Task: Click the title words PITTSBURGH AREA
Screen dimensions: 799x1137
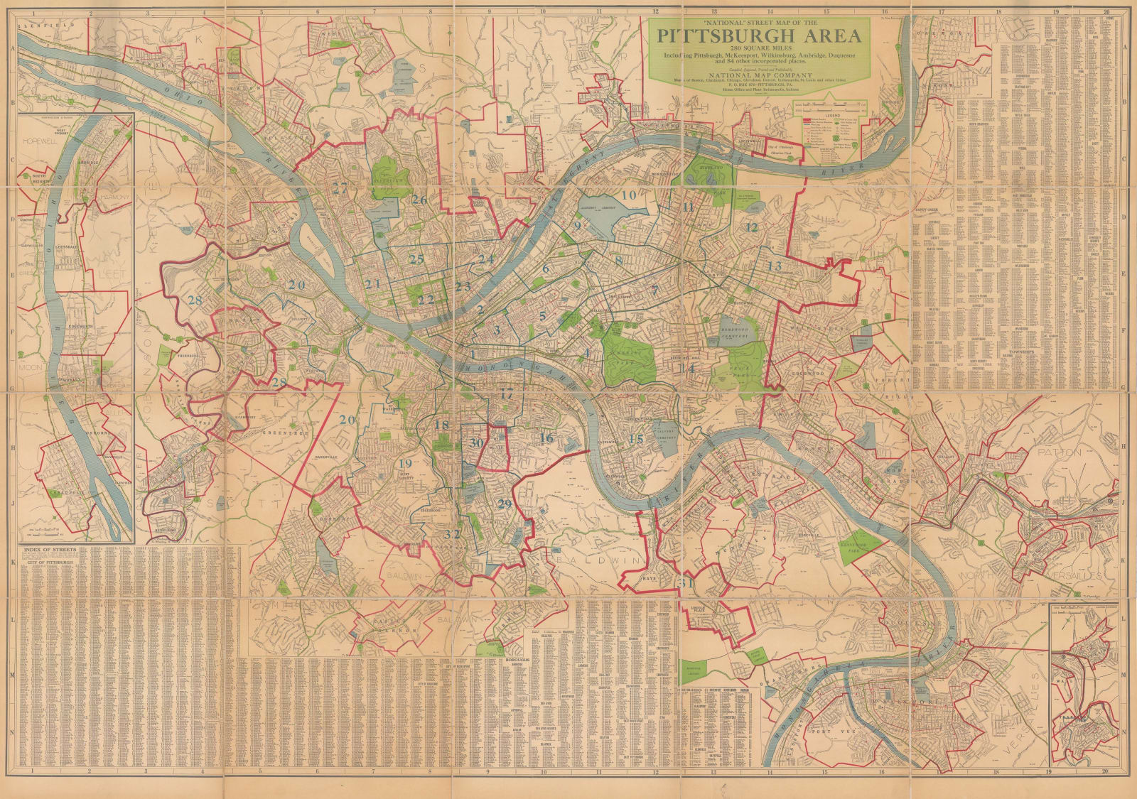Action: click(762, 36)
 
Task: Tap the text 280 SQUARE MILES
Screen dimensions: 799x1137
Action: click(762, 48)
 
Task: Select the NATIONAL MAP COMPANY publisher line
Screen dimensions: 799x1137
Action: click(762, 72)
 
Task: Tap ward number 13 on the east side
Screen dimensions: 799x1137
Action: click(774, 266)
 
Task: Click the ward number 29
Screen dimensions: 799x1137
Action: click(505, 504)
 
